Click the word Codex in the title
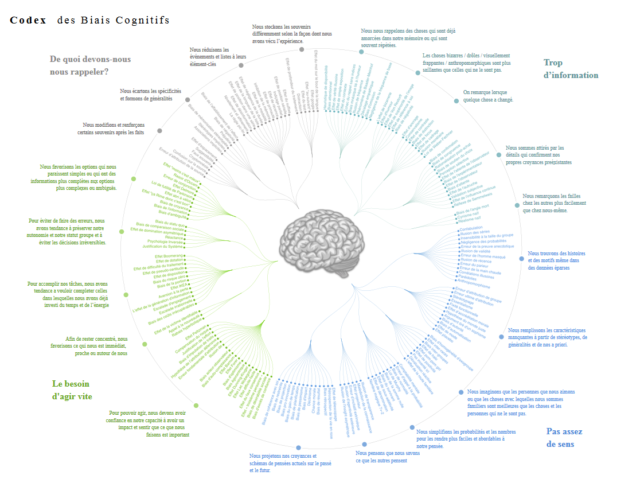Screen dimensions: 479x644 [28, 20]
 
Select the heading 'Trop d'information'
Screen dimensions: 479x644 [571, 69]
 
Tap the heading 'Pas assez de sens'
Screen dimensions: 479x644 [564, 438]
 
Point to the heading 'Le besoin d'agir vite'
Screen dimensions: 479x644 [72, 390]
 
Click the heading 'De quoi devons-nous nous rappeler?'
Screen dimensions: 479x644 [90, 65]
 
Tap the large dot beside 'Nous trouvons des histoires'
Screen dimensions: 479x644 [521, 259]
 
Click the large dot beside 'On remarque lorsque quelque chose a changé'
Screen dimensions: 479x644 [456, 100]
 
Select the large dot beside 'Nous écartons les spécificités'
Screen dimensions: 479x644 [188, 99]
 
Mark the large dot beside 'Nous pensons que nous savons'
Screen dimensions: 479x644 [364, 444]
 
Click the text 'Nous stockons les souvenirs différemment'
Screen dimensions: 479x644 [292, 34]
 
